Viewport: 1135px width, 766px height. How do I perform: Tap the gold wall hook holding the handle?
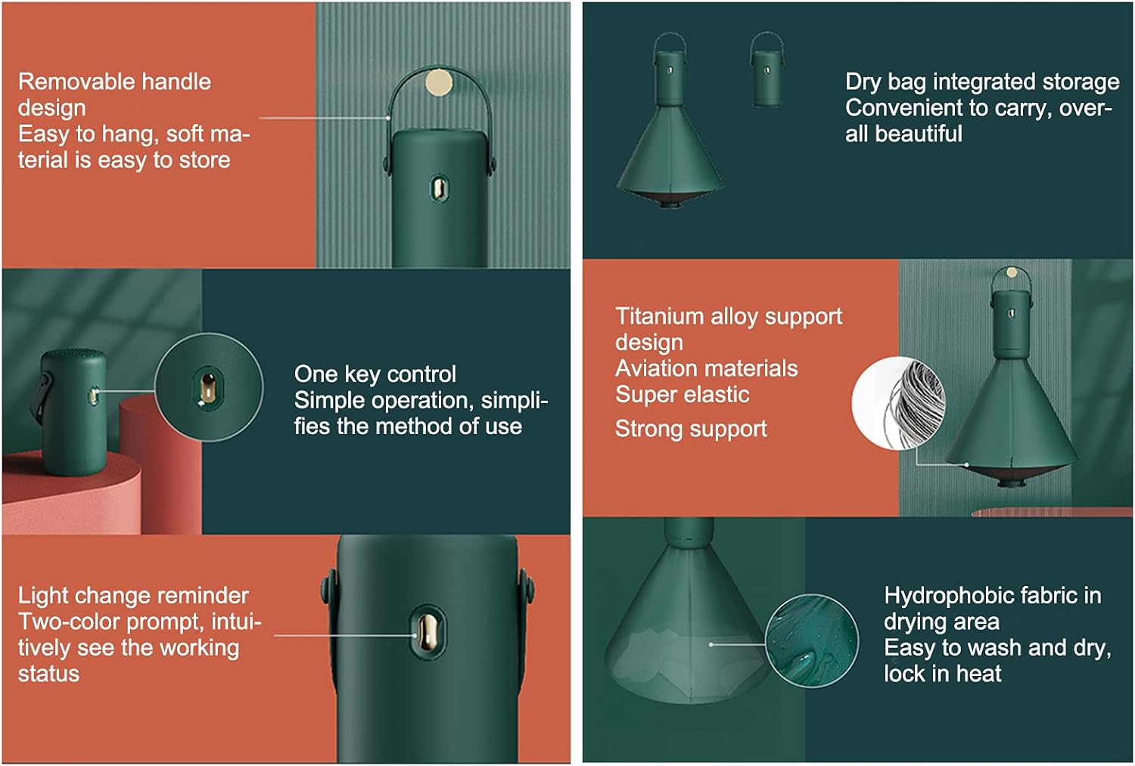tap(438, 82)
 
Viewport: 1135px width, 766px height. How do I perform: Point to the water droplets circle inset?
tap(812, 640)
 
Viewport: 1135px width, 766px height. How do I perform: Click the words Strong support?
tap(691, 430)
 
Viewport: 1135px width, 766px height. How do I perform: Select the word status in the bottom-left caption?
tap(48, 675)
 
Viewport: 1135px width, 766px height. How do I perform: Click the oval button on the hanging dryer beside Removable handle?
tap(439, 189)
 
